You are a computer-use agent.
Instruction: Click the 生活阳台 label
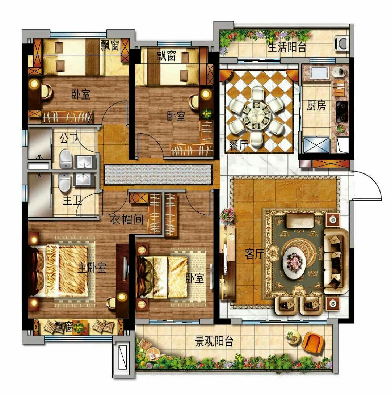287,47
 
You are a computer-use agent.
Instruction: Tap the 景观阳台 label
214,341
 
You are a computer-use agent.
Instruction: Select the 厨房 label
316,106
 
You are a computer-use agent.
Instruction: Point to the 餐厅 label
238,145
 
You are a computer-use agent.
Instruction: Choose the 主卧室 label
92,268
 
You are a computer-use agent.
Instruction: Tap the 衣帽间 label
127,220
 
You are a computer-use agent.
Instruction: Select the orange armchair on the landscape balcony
312,342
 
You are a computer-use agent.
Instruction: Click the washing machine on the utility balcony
342,43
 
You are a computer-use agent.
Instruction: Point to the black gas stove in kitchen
342,112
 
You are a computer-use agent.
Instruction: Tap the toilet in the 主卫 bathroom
64,182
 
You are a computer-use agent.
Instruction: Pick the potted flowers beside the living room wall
228,215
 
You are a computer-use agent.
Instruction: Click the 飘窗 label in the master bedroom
64,327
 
